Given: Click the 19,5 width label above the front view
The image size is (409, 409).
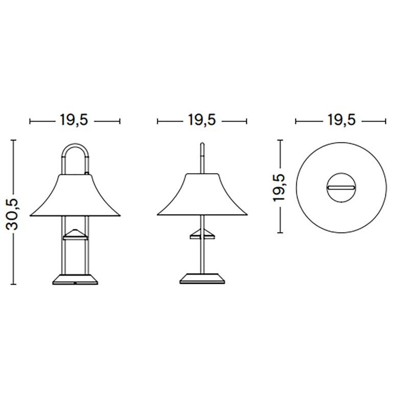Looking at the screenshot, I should coord(75,121).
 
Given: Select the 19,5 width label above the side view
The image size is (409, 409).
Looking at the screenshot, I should coord(201,121).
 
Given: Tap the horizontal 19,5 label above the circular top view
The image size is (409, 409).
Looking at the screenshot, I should coord(340,121).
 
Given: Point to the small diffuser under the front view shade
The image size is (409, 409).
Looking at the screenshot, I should coord(75,234).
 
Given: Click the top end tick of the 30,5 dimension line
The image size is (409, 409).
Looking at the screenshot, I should coord(14,139).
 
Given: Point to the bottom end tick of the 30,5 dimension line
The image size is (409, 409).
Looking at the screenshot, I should coord(14,284).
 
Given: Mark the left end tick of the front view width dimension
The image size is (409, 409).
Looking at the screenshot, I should coord(31,121).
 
